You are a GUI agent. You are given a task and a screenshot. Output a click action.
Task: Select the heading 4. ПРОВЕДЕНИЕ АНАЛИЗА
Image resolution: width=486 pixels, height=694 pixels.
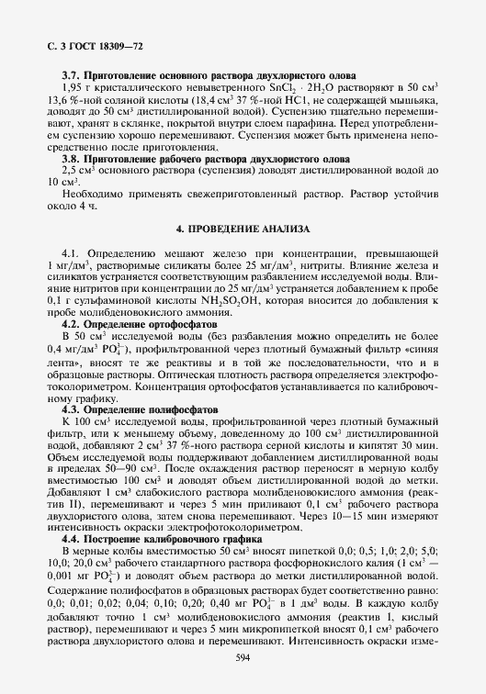point(243,227)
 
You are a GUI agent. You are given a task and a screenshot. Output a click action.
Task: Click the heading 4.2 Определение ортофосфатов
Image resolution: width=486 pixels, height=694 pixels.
point(138,324)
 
